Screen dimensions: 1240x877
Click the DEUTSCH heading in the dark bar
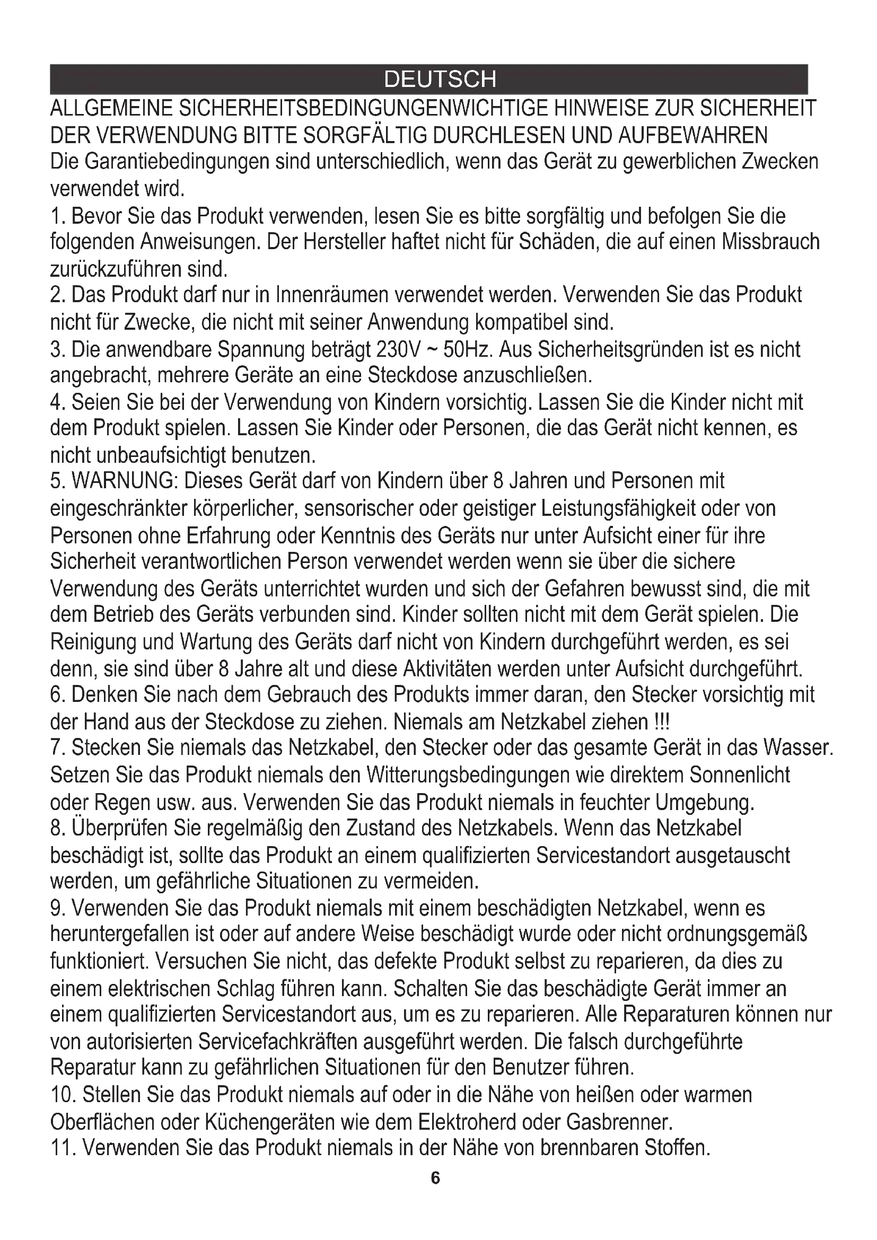click(x=440, y=80)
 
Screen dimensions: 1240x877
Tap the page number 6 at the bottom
click(x=436, y=1178)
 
